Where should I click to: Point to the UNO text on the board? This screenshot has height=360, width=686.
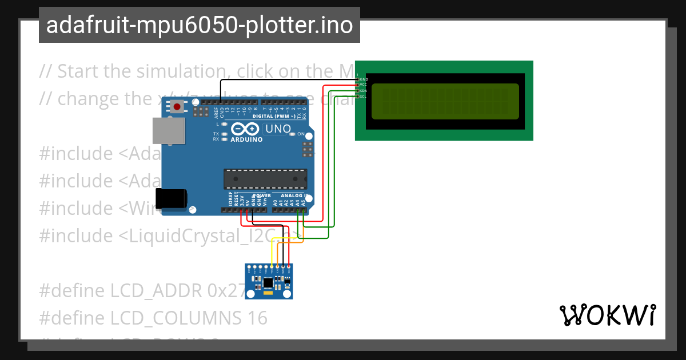pos(278,129)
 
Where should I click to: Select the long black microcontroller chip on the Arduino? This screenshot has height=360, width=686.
pos(264,179)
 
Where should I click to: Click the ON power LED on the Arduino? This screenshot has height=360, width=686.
pos(293,134)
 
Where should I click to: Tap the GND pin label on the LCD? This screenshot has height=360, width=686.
pos(364,79)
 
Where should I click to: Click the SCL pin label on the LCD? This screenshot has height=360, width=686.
pos(364,96)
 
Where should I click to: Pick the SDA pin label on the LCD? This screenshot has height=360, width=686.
pos(364,90)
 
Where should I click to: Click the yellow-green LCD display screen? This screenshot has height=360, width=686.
pos(445,101)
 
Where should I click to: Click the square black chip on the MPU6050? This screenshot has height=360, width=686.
pos(268,282)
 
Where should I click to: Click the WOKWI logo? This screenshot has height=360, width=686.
pos(607,315)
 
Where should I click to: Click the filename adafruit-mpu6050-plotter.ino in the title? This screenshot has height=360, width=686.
pos(199,25)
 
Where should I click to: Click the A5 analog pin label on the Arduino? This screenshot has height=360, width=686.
pos(305,201)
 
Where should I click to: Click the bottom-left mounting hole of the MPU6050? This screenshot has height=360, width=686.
pos(249,295)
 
